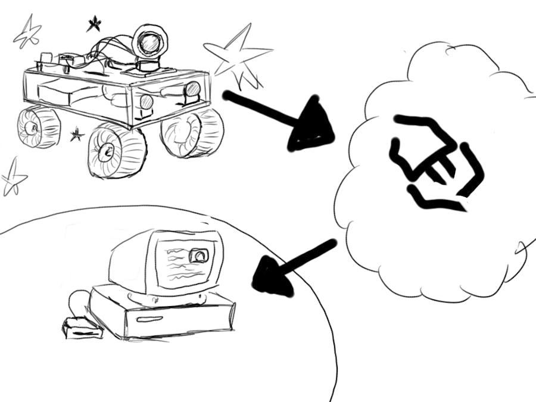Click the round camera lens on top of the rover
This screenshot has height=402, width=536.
click(x=149, y=42)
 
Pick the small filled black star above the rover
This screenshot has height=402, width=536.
click(x=94, y=24)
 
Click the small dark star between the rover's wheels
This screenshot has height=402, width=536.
click(x=76, y=135)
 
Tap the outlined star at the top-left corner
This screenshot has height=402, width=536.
click(x=27, y=33)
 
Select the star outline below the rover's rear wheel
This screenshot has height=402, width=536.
click(x=13, y=177)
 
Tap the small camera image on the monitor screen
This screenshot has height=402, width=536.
click(x=198, y=255)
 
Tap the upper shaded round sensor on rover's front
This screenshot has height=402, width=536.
click(x=192, y=89)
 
